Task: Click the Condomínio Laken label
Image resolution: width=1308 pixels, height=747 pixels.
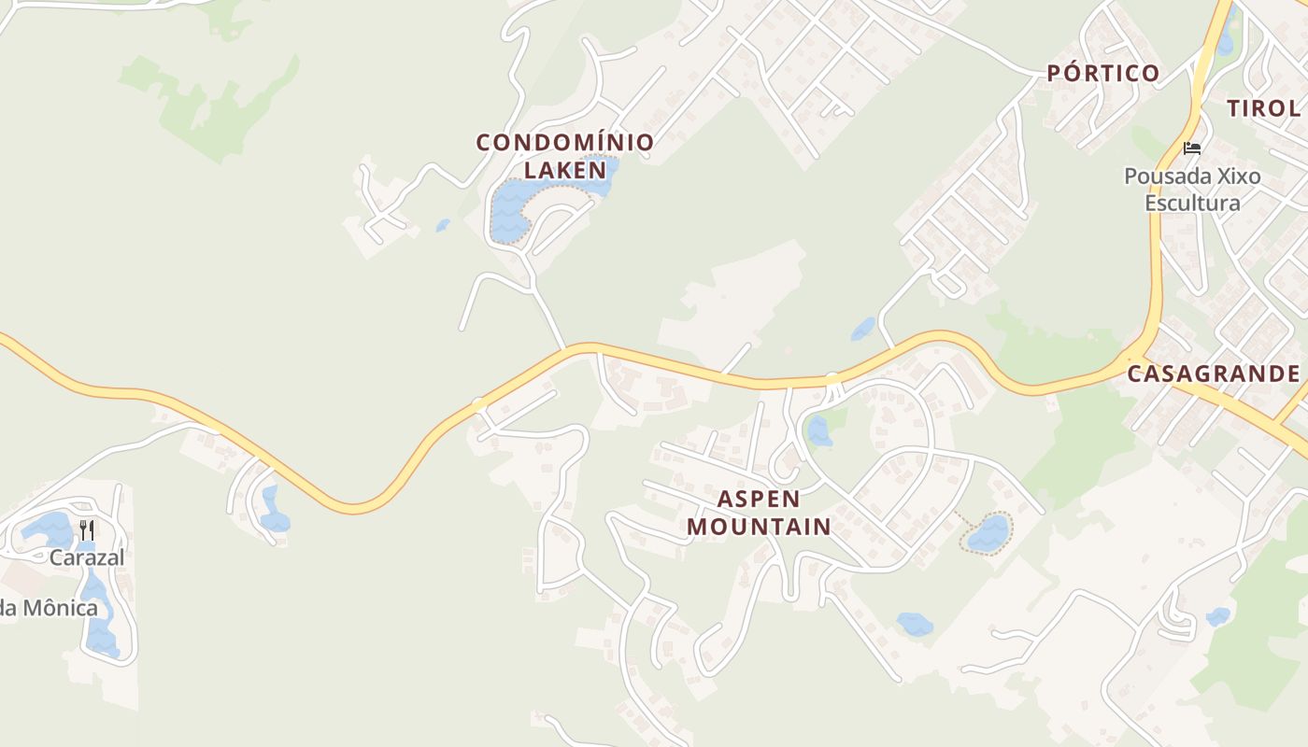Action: click(564, 156)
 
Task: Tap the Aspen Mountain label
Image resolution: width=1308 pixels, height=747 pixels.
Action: click(759, 513)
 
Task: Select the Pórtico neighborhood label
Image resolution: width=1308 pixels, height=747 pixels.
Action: click(1102, 73)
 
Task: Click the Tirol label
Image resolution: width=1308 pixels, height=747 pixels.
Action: click(1263, 107)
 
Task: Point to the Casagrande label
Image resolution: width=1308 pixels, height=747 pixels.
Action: click(1213, 373)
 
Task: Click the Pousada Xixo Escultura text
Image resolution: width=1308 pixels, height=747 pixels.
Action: click(1192, 190)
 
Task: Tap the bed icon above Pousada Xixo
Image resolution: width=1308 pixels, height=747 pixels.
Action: click(1191, 148)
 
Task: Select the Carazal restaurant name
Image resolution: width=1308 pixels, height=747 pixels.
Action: click(87, 557)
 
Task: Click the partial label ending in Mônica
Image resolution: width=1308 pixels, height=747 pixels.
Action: click(49, 608)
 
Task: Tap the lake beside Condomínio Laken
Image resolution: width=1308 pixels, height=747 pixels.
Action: click(509, 210)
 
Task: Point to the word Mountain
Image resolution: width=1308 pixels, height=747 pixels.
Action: click(759, 527)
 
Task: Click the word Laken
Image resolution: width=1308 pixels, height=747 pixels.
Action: click(565, 170)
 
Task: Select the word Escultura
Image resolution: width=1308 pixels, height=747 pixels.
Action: click(1192, 203)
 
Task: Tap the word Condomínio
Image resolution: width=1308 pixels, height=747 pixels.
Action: click(564, 143)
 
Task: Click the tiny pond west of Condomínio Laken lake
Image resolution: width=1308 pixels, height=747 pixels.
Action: click(442, 225)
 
